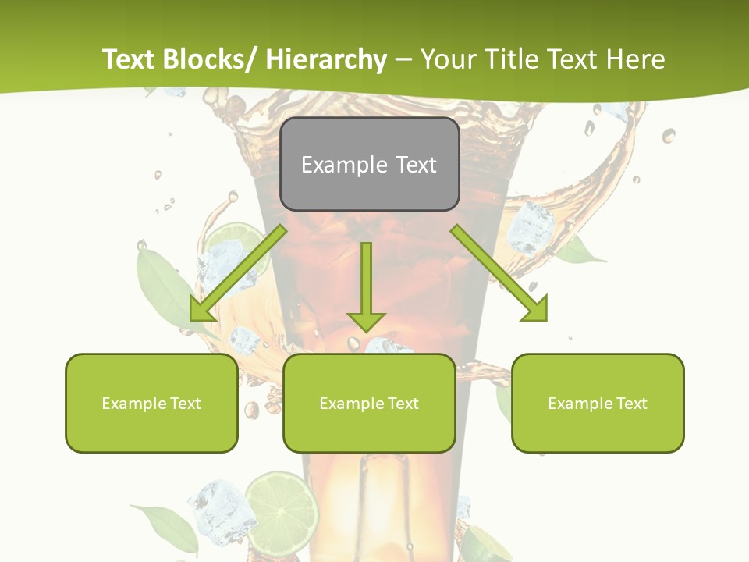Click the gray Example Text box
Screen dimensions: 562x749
[369, 164]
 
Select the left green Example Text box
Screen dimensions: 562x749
[151, 403]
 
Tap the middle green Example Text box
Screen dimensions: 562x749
[369, 403]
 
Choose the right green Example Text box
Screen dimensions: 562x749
[598, 403]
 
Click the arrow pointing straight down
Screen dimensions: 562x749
[366, 289]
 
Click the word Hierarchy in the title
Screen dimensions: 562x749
[326, 59]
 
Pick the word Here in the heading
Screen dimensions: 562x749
[637, 59]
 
